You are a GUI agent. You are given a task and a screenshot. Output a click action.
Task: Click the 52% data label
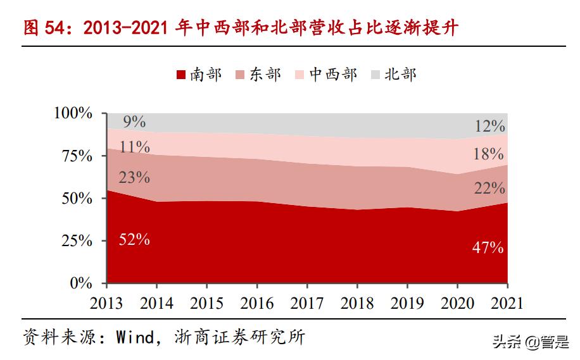pos(134,240)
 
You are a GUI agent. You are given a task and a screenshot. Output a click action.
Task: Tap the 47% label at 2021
pos(488,248)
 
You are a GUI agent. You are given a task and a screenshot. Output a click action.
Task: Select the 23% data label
pos(134,178)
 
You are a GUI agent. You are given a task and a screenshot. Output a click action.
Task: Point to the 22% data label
pos(489,188)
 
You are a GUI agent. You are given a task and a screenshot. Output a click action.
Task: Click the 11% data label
pos(134,147)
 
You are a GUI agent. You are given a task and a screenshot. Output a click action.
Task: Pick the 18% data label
pos(489,154)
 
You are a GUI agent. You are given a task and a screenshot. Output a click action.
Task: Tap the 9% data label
pos(134,121)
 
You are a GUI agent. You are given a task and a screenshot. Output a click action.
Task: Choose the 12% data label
pos(489,126)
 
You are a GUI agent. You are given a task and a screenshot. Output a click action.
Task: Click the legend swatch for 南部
pos(180,75)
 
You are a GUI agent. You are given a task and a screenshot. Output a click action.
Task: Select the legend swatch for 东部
pos(240,75)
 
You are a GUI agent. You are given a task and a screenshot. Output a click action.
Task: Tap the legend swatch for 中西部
pos(300,75)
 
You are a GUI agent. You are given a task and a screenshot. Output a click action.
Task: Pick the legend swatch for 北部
pos(375,75)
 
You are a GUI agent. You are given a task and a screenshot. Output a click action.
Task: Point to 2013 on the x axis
pos(106,303)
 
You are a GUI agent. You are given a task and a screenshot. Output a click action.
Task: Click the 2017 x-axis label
pos(307,303)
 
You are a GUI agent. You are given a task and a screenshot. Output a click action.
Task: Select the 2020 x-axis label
pos(457,303)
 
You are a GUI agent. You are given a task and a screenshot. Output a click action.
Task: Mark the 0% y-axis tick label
pos(81,283)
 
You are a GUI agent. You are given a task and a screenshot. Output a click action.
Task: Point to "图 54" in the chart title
pos(42,28)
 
